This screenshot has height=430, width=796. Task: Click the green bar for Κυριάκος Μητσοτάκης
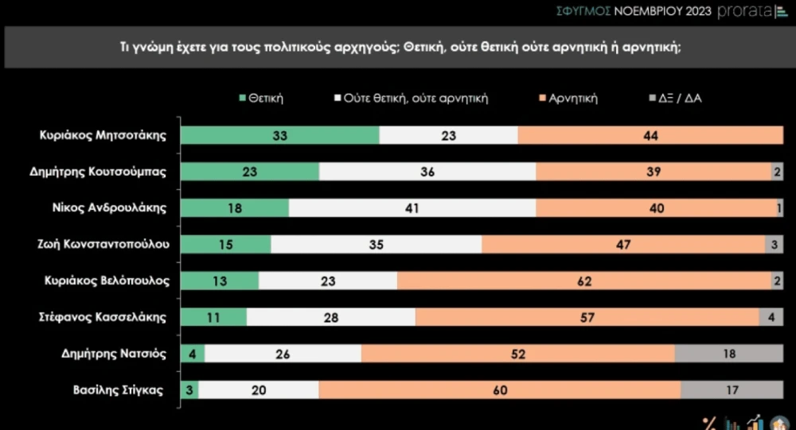(x=279, y=135)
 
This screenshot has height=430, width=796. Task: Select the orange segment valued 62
(x=584, y=281)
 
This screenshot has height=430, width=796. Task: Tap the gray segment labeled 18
(x=729, y=354)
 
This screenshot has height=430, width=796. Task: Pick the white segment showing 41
(x=412, y=208)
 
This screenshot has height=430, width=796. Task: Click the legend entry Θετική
(x=261, y=98)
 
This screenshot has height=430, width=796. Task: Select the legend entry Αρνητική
(x=568, y=98)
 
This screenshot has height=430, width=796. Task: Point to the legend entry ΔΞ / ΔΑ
(x=675, y=98)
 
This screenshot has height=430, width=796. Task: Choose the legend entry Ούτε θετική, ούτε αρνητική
(x=412, y=98)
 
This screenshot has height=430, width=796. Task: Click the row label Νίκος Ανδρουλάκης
(x=109, y=208)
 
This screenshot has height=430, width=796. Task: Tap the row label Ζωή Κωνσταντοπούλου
(x=103, y=245)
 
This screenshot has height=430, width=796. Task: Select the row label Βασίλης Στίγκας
(x=119, y=390)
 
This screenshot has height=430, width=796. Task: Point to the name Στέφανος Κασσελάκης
(x=103, y=317)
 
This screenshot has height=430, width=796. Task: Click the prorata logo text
(x=745, y=11)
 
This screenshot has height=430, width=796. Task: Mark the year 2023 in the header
(x=699, y=11)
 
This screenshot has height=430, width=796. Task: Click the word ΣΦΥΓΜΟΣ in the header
(x=583, y=11)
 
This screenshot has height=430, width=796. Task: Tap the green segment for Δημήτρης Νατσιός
(x=193, y=354)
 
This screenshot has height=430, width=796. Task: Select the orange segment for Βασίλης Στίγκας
(x=500, y=390)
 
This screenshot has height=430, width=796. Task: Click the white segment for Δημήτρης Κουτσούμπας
(x=427, y=172)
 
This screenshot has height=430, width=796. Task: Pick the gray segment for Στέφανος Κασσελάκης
(x=771, y=317)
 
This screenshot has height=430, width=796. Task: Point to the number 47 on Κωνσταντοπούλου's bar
(x=623, y=245)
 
